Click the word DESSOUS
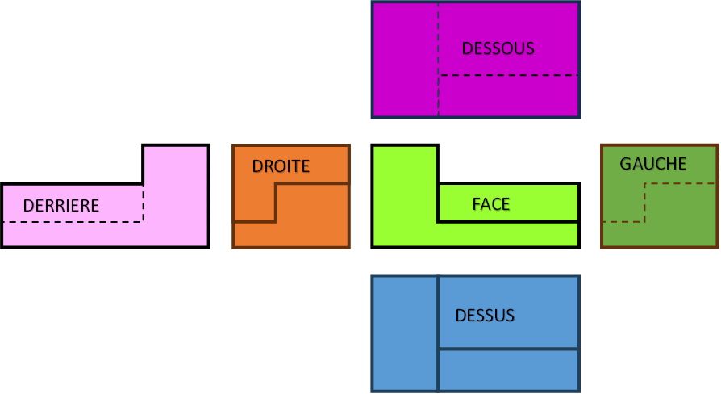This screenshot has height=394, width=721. (498, 48)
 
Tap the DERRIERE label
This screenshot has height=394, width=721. (61, 206)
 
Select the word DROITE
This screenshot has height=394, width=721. (281, 167)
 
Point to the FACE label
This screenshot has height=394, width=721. (491, 204)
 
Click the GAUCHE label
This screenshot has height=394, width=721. (652, 164)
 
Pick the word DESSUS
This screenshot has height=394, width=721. (485, 315)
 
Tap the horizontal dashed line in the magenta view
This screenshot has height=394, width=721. (508, 75)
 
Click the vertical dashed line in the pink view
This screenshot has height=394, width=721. (144, 203)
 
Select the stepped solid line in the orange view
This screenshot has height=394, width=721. (276, 202)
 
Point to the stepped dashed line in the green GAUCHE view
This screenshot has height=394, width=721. (644, 202)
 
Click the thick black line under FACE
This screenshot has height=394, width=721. (508, 221)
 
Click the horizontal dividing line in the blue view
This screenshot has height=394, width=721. (508, 350)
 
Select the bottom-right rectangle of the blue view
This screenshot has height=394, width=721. (508, 370)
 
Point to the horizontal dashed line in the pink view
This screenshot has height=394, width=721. (73, 221)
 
